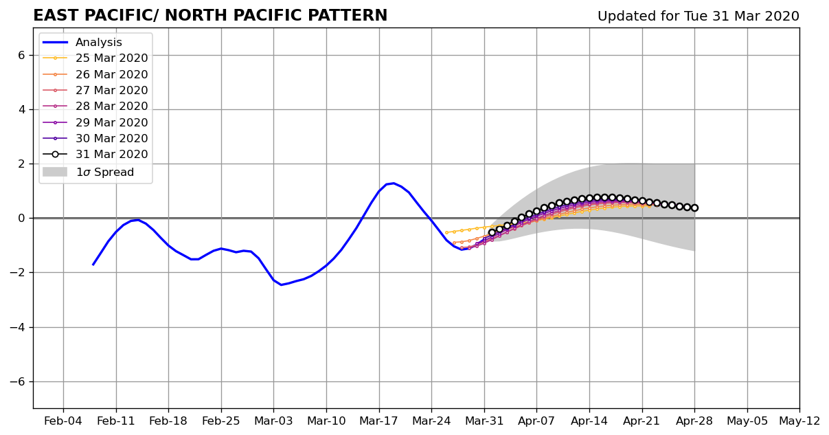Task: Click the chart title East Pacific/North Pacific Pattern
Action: coord(210,16)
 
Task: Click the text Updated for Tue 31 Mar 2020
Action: coord(699,16)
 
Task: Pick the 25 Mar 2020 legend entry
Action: coord(95,58)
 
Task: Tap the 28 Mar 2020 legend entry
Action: coord(95,107)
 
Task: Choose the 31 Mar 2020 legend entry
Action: coord(95,155)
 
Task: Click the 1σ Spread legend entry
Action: coord(88,172)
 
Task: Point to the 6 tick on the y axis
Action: coord(21,55)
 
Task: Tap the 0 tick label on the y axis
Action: coord(21,219)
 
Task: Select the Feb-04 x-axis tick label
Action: coord(63,421)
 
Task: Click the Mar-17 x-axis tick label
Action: coord(379,421)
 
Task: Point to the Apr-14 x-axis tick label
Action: coord(589,421)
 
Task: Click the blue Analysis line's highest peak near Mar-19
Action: coord(394,183)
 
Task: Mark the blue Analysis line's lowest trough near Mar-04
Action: coord(282,285)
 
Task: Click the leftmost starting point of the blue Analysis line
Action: coord(93,265)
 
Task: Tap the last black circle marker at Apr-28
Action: coord(694,208)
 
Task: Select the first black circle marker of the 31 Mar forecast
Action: coord(492,232)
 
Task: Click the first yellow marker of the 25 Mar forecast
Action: coord(446,232)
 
